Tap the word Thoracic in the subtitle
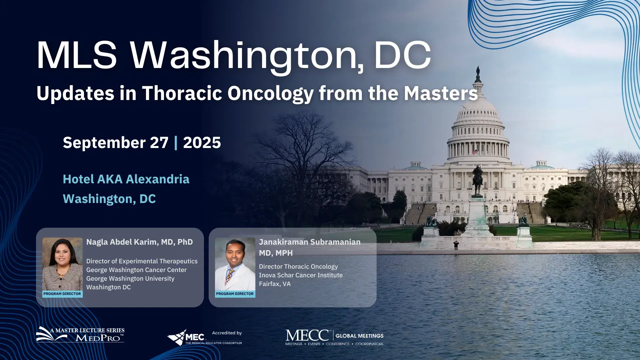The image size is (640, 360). coord(182,93)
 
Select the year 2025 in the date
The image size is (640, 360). coord(202,143)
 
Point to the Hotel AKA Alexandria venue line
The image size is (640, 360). coord(126,179)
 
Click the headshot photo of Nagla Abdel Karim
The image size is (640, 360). coord(62,264)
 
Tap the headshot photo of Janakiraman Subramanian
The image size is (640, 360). coord(235,264)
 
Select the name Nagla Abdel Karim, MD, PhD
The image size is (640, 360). coord(139,242)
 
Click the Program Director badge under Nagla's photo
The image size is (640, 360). coord(62,294)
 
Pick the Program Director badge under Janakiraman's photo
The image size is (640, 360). coord(235,294)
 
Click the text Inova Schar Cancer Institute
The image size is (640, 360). coord(301,275)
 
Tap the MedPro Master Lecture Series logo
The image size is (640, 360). coord(80,335)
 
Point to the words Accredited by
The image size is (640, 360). coord(227,333)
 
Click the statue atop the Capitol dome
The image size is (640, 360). coord(478,71)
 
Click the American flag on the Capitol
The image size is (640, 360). coord(475,152)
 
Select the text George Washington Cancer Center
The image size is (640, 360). coord(136,270)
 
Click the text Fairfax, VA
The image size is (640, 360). coord(275,284)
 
